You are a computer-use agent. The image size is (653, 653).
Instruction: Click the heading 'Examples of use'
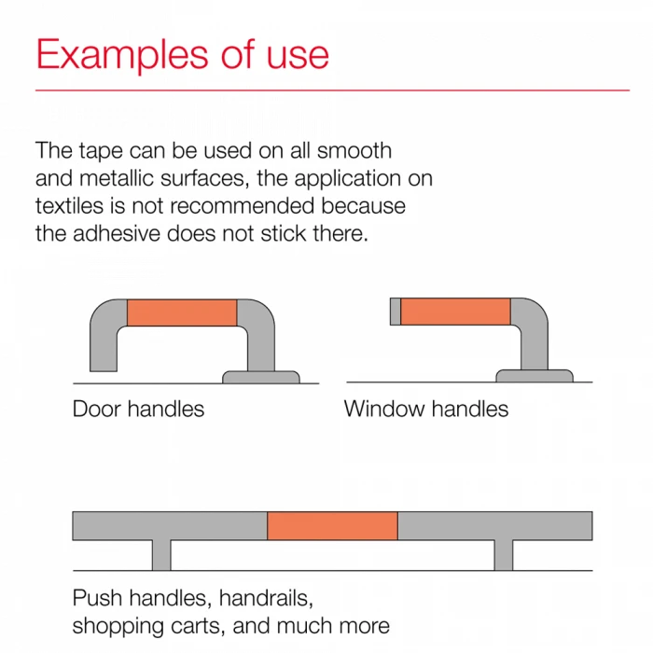pyautogui.click(x=183, y=54)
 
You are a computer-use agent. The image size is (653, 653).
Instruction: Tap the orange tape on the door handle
pyautogui.click(x=182, y=313)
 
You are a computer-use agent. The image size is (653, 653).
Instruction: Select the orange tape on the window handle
pyautogui.click(x=455, y=311)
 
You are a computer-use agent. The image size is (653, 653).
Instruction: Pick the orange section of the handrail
pyautogui.click(x=332, y=525)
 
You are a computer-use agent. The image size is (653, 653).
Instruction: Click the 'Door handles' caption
pyautogui.click(x=138, y=409)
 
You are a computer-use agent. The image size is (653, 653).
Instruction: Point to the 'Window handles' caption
pyautogui.click(x=426, y=409)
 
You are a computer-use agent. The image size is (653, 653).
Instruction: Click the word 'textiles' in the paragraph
pyautogui.click(x=69, y=206)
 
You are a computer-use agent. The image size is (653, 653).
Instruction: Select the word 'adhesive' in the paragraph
pyautogui.click(x=117, y=233)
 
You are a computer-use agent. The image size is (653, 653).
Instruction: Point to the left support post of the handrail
pyautogui.click(x=161, y=555)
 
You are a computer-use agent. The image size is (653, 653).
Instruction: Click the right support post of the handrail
pyautogui.click(x=504, y=555)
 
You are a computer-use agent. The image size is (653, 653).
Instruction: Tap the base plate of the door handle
pyautogui.click(x=261, y=377)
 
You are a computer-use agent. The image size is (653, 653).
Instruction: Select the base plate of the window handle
pyautogui.click(x=535, y=376)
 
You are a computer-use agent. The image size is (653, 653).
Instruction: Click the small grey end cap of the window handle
pyautogui.click(x=396, y=311)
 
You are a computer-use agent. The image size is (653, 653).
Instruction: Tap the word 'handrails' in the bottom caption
pyautogui.click(x=266, y=598)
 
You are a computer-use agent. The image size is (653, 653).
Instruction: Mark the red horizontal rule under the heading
pyautogui.click(x=332, y=90)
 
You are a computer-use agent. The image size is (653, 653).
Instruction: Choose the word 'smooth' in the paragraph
pyautogui.click(x=354, y=150)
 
